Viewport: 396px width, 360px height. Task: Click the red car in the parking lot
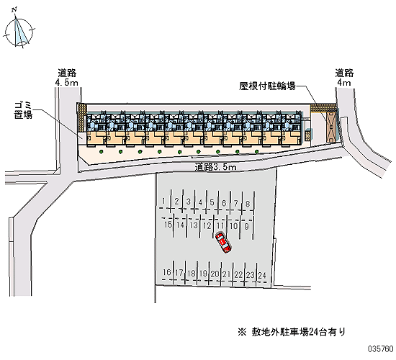(x=223, y=243)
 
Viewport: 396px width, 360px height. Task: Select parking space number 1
(x=165, y=201)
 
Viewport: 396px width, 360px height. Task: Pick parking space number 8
(x=248, y=203)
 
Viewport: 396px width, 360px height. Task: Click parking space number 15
(x=168, y=224)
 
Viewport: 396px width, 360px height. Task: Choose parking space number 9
(x=246, y=226)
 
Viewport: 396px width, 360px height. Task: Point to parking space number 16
(x=167, y=272)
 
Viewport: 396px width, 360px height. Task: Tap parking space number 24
(x=262, y=275)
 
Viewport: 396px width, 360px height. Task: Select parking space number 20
(x=215, y=274)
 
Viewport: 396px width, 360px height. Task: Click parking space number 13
(x=194, y=225)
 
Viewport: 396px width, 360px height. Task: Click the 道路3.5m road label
(x=216, y=167)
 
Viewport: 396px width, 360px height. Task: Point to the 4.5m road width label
(x=67, y=82)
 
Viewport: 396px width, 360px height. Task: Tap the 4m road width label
(x=343, y=82)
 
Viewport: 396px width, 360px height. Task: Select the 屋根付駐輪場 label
(x=267, y=86)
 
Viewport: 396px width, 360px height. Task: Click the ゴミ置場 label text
(x=23, y=110)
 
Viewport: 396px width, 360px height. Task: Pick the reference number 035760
(x=381, y=349)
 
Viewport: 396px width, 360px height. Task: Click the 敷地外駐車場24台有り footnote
(x=292, y=332)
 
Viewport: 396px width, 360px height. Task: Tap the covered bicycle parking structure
(x=330, y=126)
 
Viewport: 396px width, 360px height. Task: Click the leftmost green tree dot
(x=102, y=152)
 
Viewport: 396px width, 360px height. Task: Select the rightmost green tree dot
(x=256, y=152)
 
